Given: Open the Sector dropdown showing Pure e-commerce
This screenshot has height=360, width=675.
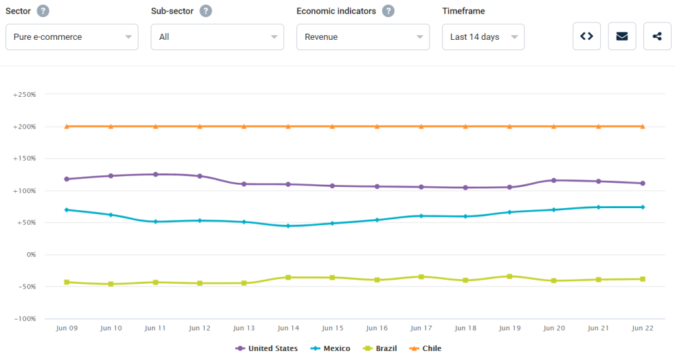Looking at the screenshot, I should pyautogui.click(x=71, y=37).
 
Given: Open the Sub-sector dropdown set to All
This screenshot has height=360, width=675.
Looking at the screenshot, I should pyautogui.click(x=217, y=37).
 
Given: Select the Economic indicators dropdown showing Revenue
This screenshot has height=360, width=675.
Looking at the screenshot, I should pyautogui.click(x=363, y=37).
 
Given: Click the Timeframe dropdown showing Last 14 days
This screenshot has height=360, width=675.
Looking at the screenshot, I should pyautogui.click(x=483, y=37).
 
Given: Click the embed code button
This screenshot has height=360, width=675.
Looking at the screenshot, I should pyautogui.click(x=586, y=36).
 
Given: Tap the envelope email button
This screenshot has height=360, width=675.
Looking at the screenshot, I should pyautogui.click(x=622, y=36).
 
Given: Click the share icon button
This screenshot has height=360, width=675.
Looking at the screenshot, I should pyautogui.click(x=657, y=36).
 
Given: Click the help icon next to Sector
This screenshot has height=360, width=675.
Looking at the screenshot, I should pyautogui.click(x=43, y=11).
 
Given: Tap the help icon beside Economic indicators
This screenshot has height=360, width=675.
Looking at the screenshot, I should pyautogui.click(x=388, y=11).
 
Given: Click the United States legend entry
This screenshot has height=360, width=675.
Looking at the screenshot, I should pyautogui.click(x=267, y=348).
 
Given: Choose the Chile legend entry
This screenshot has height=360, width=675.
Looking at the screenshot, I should pyautogui.click(x=425, y=348).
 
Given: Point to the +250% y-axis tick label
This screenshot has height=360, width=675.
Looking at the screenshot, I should pyautogui.click(x=24, y=94).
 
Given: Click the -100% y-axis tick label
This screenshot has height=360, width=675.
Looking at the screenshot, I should pyautogui.click(x=25, y=319).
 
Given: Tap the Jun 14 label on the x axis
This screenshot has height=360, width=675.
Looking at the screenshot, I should pyautogui.click(x=288, y=328).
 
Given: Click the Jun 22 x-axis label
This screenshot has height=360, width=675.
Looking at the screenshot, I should pyautogui.click(x=642, y=328).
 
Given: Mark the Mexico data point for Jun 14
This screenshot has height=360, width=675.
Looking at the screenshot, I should pyautogui.click(x=288, y=226).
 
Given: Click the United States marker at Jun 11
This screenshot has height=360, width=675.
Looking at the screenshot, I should pyautogui.click(x=155, y=175).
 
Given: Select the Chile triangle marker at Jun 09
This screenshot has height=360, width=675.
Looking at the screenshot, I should pyautogui.click(x=67, y=126).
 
